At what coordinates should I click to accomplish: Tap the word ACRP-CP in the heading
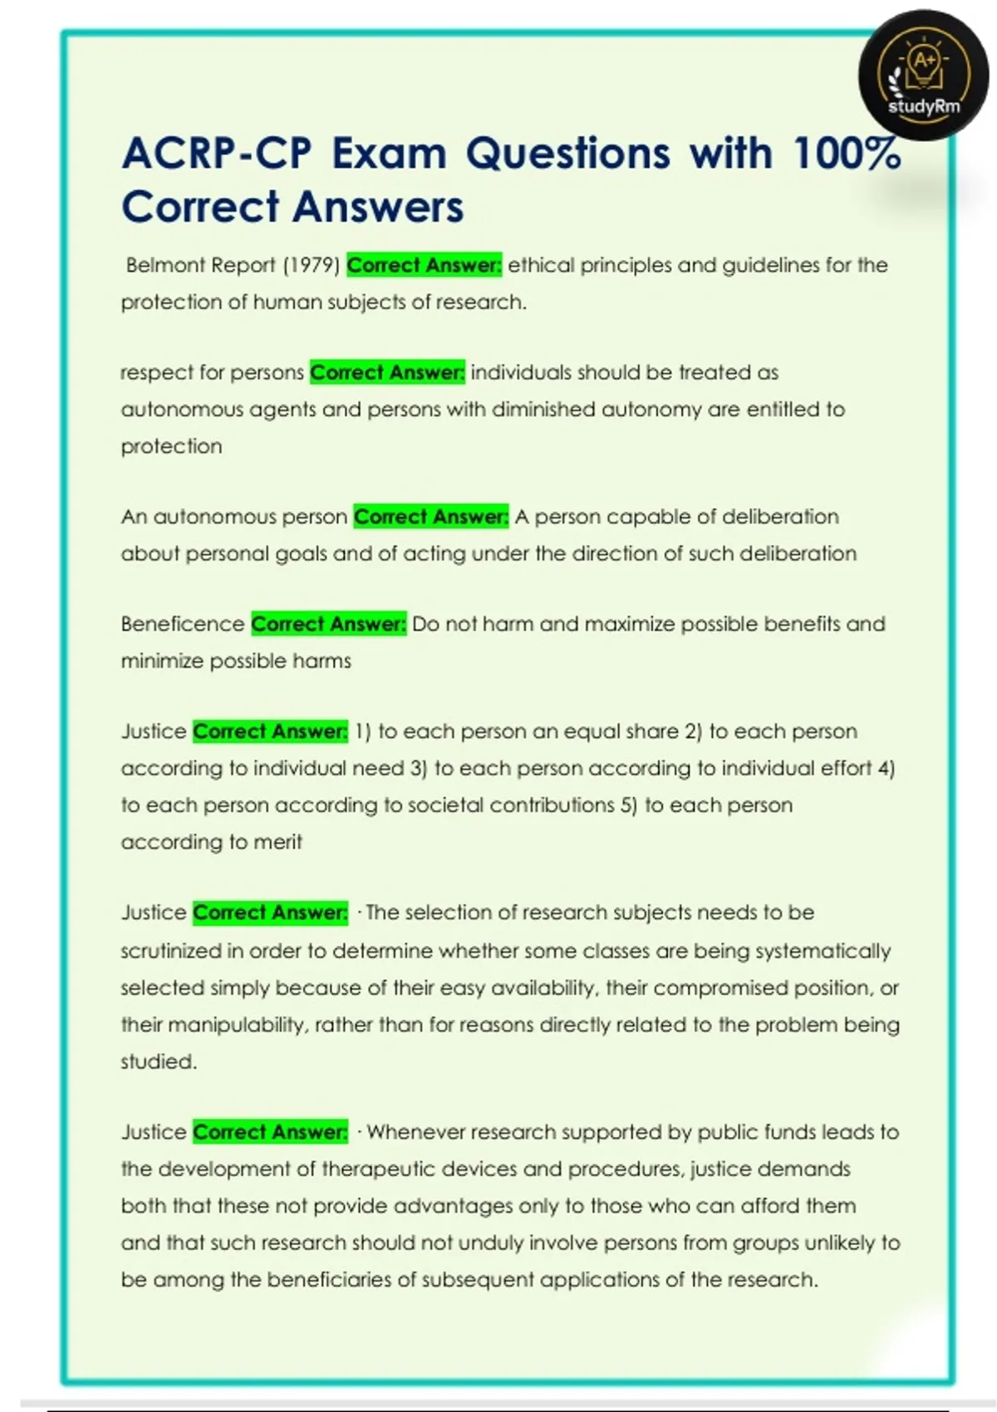click(x=217, y=154)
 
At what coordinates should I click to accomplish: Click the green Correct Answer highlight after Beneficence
click(x=328, y=625)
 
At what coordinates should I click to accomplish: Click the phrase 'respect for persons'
click(x=212, y=373)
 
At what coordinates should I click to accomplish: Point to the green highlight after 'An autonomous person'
click(x=430, y=517)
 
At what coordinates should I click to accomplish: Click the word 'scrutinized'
click(x=171, y=951)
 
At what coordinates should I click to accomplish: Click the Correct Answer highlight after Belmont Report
click(x=424, y=266)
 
